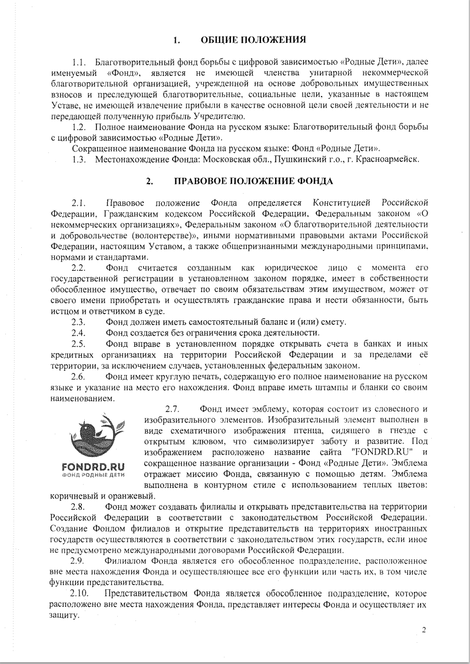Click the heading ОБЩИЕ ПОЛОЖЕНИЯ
point(253,40)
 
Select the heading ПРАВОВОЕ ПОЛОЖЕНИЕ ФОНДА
point(253,181)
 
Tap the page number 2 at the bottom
point(423,632)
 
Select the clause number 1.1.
point(79,62)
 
